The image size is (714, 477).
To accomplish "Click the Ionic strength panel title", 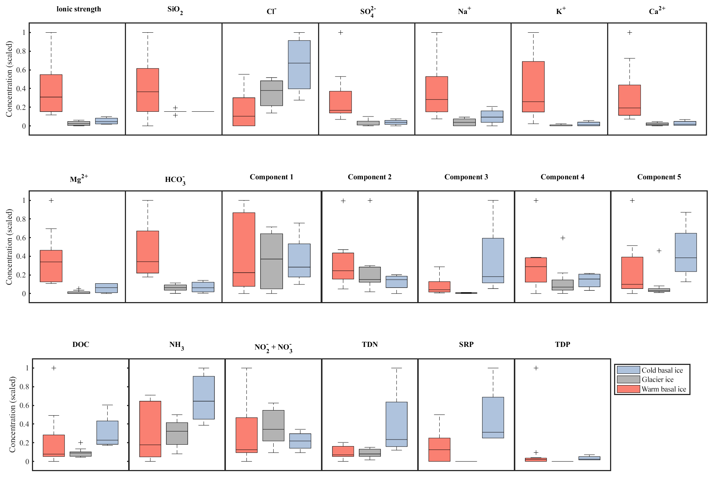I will click(79, 9).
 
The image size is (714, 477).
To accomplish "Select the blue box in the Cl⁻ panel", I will click(299, 65).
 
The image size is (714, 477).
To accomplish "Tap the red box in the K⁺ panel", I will click(533, 87).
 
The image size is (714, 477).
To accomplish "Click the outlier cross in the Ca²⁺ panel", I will click(630, 33).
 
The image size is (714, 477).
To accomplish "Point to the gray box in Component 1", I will click(271, 261).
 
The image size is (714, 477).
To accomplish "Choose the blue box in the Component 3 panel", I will click(493, 261).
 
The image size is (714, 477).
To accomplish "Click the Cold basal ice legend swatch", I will click(628, 370).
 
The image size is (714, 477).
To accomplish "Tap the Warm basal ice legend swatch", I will click(628, 389).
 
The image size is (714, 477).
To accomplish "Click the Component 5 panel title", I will click(659, 177).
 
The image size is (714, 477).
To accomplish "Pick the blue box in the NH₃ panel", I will click(203, 398).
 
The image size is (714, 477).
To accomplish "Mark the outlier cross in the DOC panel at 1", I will click(54, 368).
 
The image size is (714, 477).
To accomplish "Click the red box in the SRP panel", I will click(439, 449).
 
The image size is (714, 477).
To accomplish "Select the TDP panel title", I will click(562, 345).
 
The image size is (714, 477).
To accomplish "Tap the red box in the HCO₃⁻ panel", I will click(148, 252).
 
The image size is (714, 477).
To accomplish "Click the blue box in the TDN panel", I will click(396, 424).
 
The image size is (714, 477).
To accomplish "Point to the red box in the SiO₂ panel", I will click(148, 90).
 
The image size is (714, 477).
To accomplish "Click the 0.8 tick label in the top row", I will click(21, 51).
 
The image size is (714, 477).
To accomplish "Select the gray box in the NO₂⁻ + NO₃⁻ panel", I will click(273, 426).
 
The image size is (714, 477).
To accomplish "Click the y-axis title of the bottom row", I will click(12, 414).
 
